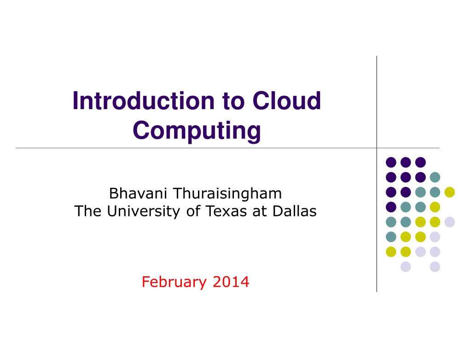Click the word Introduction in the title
point(144,100)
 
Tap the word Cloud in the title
point(286,100)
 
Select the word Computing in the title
point(197,131)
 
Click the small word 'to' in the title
point(233,101)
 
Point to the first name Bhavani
point(138,193)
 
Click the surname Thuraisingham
point(228,194)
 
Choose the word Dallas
point(294,211)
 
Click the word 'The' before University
point(88,211)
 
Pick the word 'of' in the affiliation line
point(193,211)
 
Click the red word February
point(174,282)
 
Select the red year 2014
point(231,282)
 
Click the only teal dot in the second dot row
point(435,177)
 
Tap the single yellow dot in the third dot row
point(450,192)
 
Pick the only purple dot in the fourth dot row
point(391,207)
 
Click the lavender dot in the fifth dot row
point(450,222)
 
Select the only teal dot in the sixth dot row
point(391,237)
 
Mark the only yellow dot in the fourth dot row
point(435,207)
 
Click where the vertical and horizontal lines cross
point(377,148)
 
